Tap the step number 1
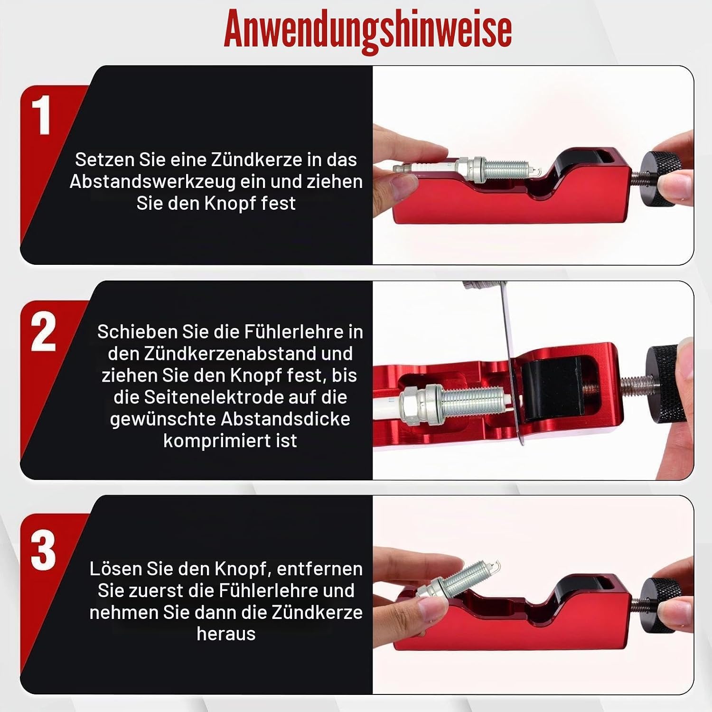pyautogui.click(x=42, y=115)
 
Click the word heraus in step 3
pyautogui.click(x=226, y=634)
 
